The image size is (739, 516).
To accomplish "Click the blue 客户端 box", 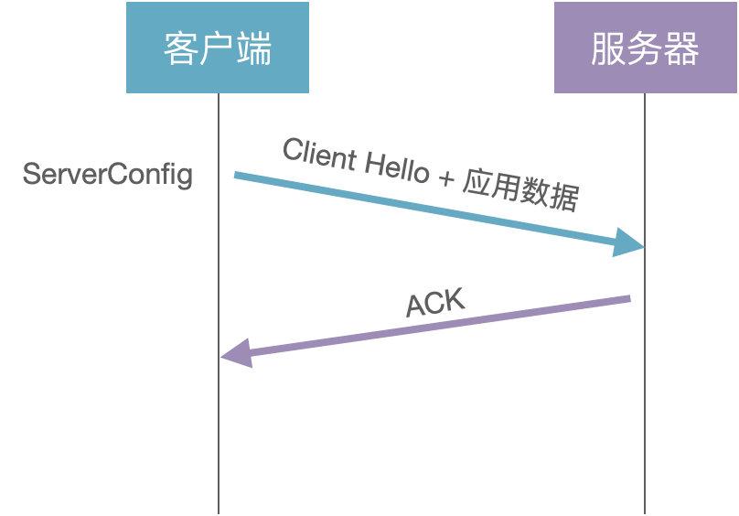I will [x=218, y=48].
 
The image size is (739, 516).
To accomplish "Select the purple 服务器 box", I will [x=645, y=48].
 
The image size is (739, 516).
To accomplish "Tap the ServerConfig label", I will [x=108, y=174].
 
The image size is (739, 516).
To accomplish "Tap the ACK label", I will [x=435, y=302].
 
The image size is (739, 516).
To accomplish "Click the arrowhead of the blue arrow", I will [x=631, y=243].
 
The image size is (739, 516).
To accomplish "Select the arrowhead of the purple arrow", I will [x=236, y=353].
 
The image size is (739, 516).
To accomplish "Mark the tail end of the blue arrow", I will [x=236, y=174].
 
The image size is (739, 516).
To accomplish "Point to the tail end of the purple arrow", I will [x=628, y=298].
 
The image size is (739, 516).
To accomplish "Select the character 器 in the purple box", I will [x=681, y=48].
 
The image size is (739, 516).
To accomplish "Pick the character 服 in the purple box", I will [x=608, y=48].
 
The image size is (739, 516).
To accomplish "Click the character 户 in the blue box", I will [x=218, y=48].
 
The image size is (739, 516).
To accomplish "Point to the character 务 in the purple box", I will [x=645, y=48].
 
